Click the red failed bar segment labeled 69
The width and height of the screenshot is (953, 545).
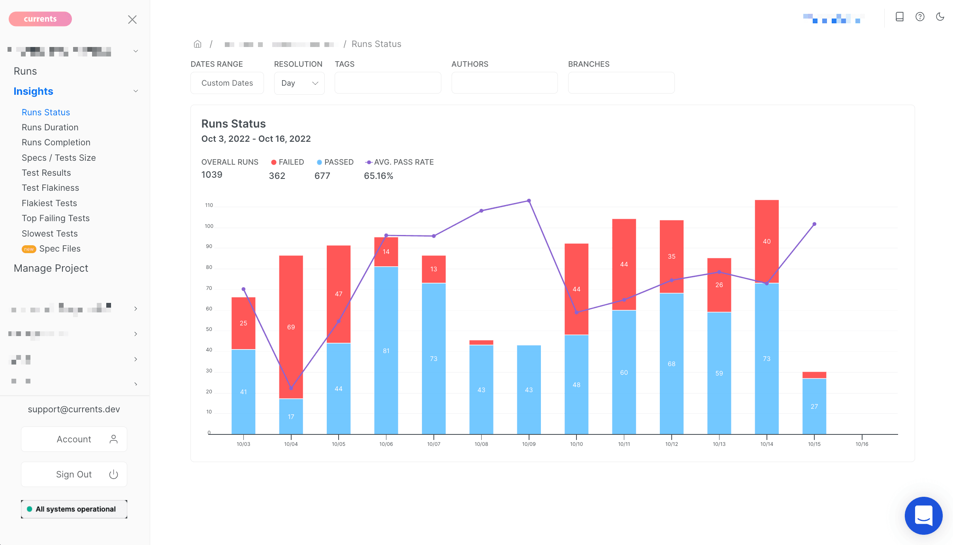point(291,327)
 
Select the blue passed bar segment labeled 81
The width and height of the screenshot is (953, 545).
point(386,350)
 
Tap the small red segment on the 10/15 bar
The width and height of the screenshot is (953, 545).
point(814,375)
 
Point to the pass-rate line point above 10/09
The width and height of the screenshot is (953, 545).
point(529,201)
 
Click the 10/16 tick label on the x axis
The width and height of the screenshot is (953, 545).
point(862,444)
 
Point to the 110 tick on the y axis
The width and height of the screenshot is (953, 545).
point(209,205)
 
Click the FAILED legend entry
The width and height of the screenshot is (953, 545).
point(288,162)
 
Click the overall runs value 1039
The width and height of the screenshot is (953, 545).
point(212,175)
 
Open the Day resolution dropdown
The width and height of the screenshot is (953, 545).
point(299,83)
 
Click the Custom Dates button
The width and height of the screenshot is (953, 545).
point(227,83)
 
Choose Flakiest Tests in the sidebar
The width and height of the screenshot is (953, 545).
point(49,203)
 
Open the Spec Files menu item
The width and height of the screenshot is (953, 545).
point(60,249)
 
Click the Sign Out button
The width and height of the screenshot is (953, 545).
point(74,474)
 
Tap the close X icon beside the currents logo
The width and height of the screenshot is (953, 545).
point(132,20)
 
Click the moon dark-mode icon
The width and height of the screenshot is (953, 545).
point(940,17)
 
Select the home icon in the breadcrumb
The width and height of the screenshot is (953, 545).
point(198,44)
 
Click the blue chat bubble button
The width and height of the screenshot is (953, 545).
point(923,515)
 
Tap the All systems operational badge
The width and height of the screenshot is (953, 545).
point(74,509)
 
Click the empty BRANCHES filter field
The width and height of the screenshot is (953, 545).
point(621,83)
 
